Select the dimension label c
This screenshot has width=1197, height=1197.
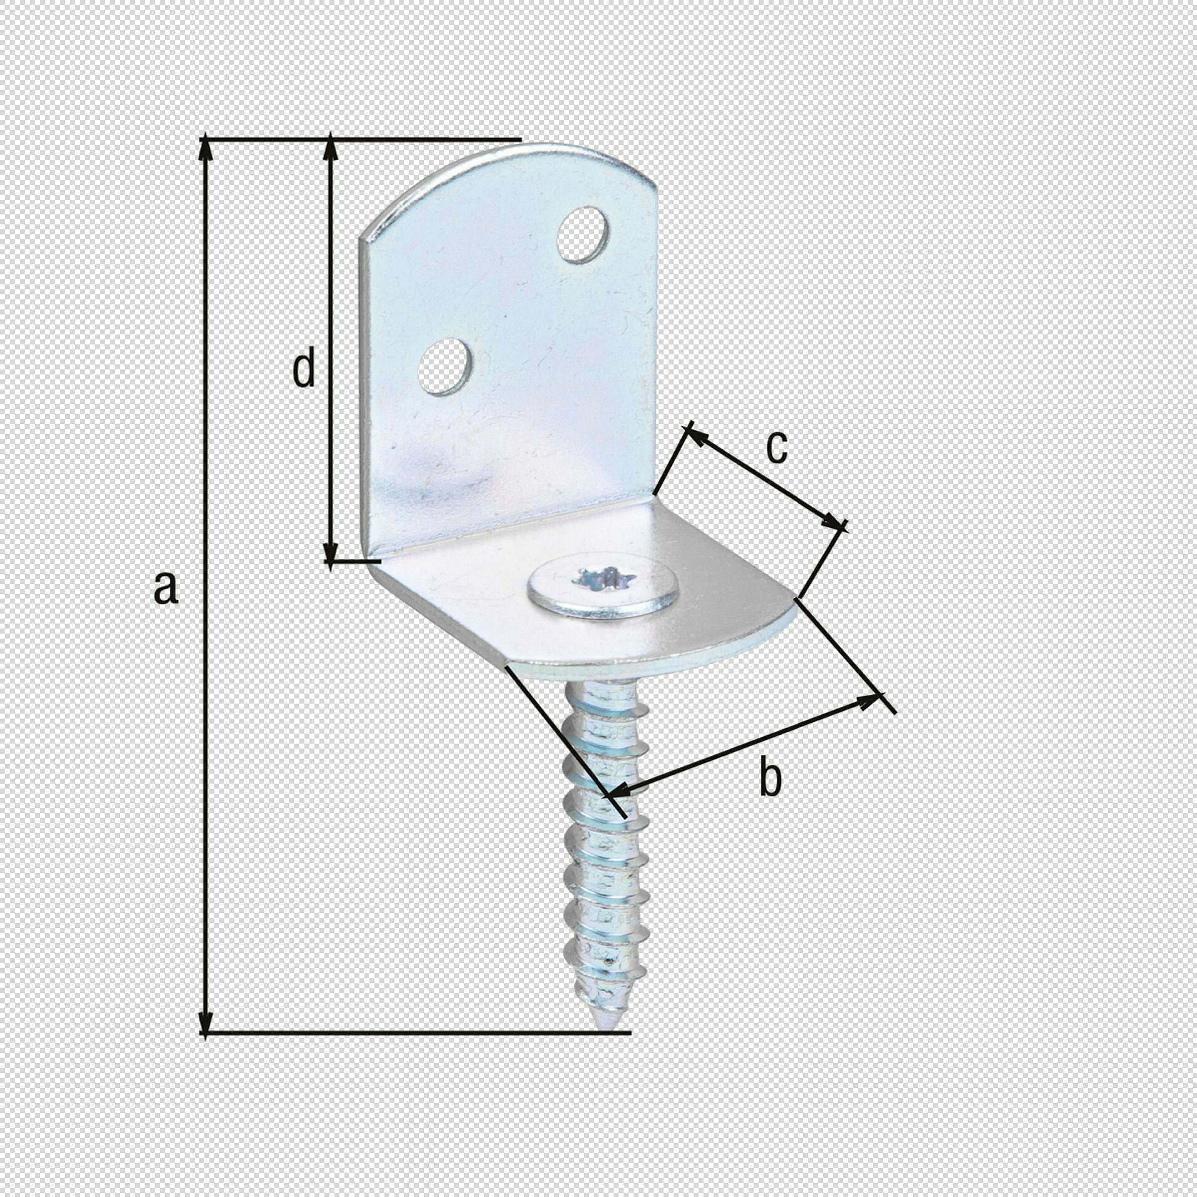pos(777,447)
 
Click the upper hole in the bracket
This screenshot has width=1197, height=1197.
pos(583,235)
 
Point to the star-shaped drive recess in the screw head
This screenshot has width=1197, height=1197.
pos(603,580)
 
